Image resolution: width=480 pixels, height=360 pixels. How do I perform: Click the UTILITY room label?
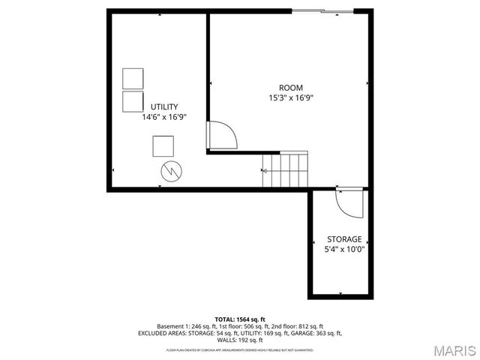pos(164,106)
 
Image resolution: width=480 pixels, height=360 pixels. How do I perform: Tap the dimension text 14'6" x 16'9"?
pos(164,117)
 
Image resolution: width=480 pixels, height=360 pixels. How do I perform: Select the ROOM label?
pos(291,88)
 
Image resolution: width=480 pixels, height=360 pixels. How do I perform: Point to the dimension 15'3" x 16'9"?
pos(291,97)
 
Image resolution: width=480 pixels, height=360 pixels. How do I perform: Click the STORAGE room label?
pos(343,239)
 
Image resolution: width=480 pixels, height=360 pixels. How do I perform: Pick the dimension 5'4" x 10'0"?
pos(343,249)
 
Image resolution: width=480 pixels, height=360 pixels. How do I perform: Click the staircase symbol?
pos(285,170)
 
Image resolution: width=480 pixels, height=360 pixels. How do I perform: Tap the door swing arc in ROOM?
pos(223,135)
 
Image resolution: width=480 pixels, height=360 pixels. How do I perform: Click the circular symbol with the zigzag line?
pos(170,172)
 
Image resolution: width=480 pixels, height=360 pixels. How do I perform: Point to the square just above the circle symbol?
pos(163,145)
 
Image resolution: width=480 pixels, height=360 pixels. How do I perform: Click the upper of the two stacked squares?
pos(133,79)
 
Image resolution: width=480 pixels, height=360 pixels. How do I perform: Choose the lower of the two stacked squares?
pos(133,102)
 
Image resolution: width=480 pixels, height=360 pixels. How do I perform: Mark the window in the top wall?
pos(322,11)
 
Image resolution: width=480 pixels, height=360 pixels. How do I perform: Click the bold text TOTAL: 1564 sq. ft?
pos(240,319)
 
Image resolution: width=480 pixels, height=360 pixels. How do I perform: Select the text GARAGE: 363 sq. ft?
pos(314,333)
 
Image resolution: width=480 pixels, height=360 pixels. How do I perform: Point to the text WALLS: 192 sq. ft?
pos(240,340)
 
